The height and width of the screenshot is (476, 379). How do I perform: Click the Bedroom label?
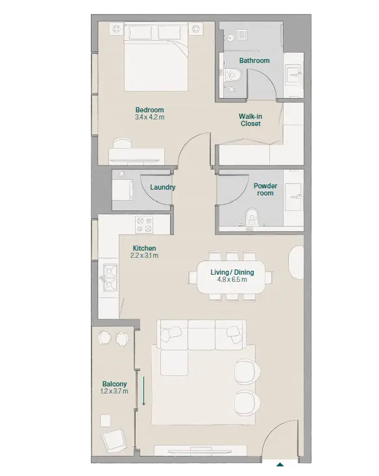click(x=150, y=110)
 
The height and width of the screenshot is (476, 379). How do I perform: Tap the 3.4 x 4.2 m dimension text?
click(x=150, y=117)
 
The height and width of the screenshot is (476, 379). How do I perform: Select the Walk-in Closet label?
click(x=251, y=120)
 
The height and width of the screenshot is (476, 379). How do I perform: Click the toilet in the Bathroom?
click(x=233, y=75)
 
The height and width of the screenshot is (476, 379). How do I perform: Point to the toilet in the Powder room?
click(x=251, y=216)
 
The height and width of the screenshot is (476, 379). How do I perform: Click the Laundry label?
click(x=163, y=187)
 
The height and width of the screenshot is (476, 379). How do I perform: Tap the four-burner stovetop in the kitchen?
click(x=144, y=225)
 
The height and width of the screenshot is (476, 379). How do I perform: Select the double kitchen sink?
click(x=110, y=277)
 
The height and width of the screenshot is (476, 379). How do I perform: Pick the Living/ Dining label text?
click(x=232, y=272)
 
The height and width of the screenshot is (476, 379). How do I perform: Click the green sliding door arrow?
click(x=144, y=391)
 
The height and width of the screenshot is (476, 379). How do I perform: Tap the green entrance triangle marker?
click(x=280, y=464)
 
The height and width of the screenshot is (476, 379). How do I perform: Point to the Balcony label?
click(x=114, y=384)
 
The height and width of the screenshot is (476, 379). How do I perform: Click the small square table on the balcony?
click(x=105, y=421)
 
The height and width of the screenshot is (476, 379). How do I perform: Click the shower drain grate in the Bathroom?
click(x=242, y=34)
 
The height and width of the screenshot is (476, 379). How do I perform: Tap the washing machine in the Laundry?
click(x=123, y=190)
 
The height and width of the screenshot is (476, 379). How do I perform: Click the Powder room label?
click(x=265, y=190)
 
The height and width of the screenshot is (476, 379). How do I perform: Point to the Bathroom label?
click(x=254, y=60)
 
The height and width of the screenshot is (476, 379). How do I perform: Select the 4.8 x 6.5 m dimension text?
click(x=232, y=280)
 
